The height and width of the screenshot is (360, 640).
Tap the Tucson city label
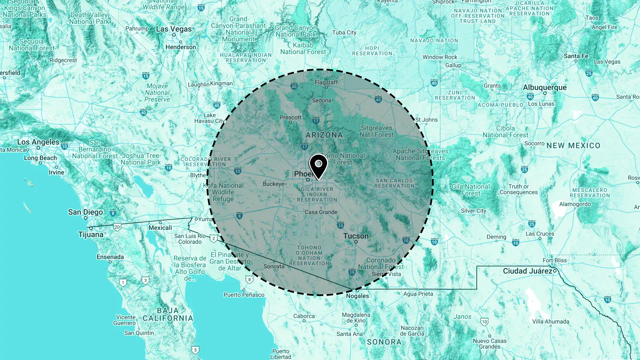[x=356, y=236]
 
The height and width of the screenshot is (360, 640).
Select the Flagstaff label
[x=326, y=82]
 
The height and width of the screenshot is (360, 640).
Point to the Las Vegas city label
[x=174, y=29]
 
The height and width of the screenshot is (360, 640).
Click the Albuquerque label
[x=544, y=87]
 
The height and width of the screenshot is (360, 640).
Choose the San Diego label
[x=85, y=212]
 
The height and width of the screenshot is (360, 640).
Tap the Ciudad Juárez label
[x=527, y=271]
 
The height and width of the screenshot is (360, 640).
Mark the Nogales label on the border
[x=357, y=296]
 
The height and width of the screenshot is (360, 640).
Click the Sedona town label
[x=321, y=100]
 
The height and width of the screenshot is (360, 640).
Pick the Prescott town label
[x=290, y=117]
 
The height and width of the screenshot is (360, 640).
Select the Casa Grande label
[x=321, y=212]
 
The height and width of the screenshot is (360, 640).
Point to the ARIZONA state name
[x=324, y=135]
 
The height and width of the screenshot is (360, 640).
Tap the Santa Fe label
[x=576, y=56]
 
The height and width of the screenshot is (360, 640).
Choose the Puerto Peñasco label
[x=244, y=295]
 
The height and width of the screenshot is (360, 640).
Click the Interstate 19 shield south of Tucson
[x=352, y=272]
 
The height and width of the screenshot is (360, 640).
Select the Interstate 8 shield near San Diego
[x=113, y=213]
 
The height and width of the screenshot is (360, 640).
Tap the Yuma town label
[x=205, y=219]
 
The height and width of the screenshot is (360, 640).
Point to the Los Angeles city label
[x=38, y=142]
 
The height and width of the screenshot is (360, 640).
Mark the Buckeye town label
[x=273, y=184]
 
